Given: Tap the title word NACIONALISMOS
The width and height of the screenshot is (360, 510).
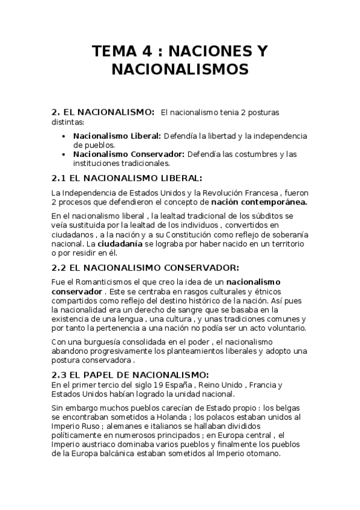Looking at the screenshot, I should click(x=180, y=70).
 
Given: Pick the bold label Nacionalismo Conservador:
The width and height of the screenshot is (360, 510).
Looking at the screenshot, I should click(x=129, y=154).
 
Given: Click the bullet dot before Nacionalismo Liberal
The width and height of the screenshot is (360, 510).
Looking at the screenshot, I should click(x=64, y=137).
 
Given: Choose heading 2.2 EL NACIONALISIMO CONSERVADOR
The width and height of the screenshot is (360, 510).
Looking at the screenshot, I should click(x=146, y=268).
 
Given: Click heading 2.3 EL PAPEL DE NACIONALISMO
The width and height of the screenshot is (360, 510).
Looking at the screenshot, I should click(x=130, y=374).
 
